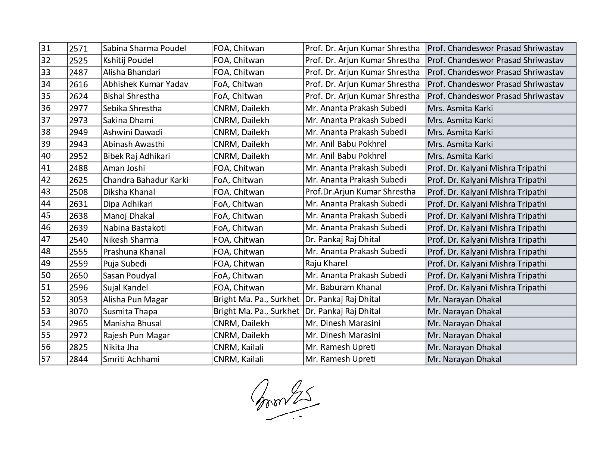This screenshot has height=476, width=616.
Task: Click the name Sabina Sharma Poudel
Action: (144, 49)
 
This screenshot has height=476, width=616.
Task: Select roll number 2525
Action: (78, 60)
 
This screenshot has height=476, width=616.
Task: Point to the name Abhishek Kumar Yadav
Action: (145, 84)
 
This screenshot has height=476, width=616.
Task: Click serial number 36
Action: (46, 108)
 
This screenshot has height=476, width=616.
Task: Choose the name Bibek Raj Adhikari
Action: (133, 156)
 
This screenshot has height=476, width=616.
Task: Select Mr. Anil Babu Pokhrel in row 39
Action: (345, 144)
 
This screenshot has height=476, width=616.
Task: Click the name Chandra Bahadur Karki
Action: (145, 180)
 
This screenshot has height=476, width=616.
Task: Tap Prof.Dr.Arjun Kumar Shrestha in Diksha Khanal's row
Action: (360, 192)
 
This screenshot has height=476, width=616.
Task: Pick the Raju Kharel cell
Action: (326, 264)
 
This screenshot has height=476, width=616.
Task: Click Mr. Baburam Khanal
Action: (343, 287)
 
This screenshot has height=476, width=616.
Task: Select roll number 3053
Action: (78, 299)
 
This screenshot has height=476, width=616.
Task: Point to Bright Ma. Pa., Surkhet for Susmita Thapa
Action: (256, 311)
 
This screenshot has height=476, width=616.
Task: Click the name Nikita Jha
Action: (121, 347)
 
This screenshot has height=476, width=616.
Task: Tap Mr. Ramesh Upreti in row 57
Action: (340, 359)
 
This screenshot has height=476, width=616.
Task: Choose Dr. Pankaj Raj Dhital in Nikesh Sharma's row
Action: (342, 240)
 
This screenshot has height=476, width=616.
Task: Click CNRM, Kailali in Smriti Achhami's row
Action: (238, 359)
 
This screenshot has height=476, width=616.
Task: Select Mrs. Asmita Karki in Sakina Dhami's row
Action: (460, 120)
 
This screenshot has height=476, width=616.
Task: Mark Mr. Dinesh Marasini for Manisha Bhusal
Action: (342, 323)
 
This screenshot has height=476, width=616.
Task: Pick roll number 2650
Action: (78, 276)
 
